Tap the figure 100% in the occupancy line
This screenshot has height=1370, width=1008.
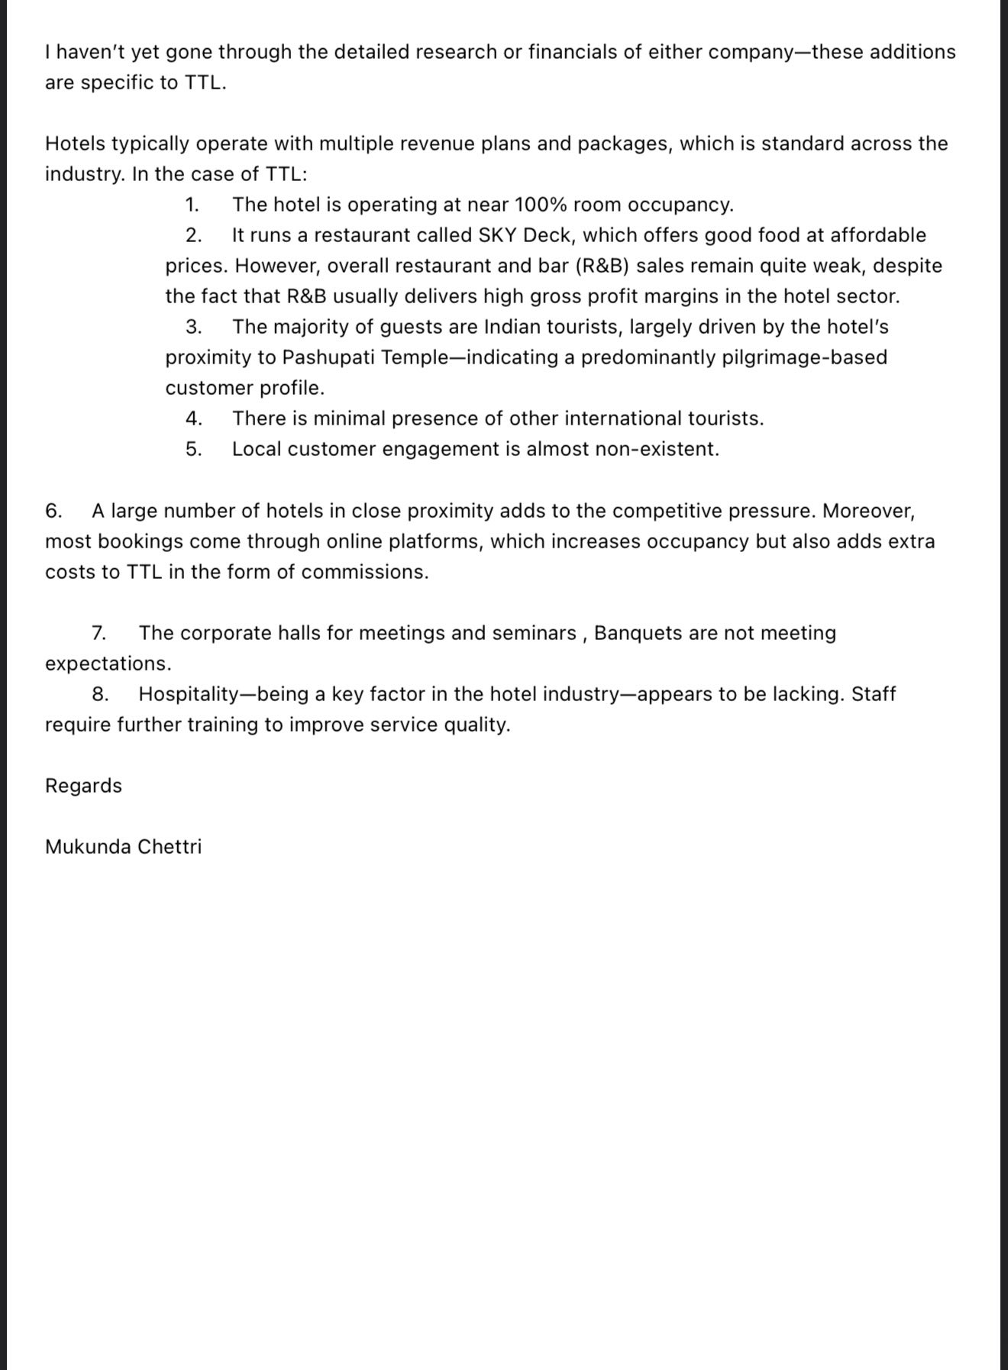[541, 205]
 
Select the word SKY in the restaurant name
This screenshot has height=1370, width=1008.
[497, 235]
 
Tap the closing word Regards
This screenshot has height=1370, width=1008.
[83, 786]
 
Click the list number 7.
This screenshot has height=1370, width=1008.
[99, 633]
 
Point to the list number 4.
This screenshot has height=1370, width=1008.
[193, 418]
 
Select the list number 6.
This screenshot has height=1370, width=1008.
[53, 511]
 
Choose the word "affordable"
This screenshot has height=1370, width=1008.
[878, 235]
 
